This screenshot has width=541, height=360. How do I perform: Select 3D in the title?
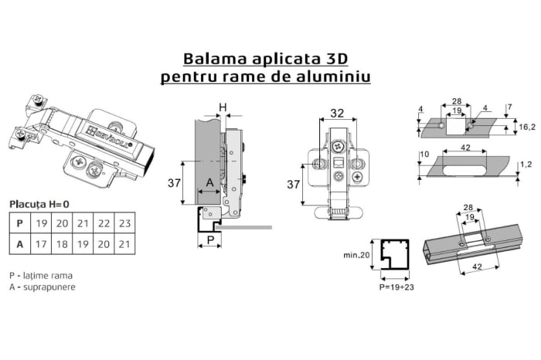click(x=343, y=59)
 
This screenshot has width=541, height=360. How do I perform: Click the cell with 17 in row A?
click(x=43, y=244)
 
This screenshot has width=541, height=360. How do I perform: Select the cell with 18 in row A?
click(x=63, y=244)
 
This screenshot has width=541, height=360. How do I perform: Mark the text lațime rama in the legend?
click(x=46, y=275)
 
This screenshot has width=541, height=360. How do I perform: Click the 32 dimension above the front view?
click(x=338, y=114)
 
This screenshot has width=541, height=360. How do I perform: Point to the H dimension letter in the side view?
click(x=222, y=107)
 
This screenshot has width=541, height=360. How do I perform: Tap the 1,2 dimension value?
click(x=525, y=165)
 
